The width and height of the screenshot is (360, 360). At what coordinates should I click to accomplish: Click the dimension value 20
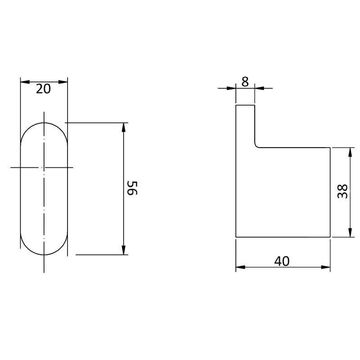tap(43, 89)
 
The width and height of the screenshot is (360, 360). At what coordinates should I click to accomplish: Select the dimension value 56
tap(132, 188)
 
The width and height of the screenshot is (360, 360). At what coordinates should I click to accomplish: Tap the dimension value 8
tap(245, 82)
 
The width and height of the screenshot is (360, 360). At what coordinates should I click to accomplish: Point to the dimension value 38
tap(343, 191)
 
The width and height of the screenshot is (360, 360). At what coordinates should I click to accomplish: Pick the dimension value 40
tap(282, 261)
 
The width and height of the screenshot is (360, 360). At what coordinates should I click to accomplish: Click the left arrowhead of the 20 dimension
tap(25, 82)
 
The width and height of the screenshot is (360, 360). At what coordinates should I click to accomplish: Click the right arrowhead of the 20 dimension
tap(63, 82)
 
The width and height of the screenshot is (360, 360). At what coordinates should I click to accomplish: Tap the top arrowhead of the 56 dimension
tap(123, 127)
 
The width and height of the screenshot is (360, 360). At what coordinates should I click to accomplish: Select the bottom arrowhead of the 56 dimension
tap(123, 250)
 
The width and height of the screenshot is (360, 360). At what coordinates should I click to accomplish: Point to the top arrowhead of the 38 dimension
tap(350, 152)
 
